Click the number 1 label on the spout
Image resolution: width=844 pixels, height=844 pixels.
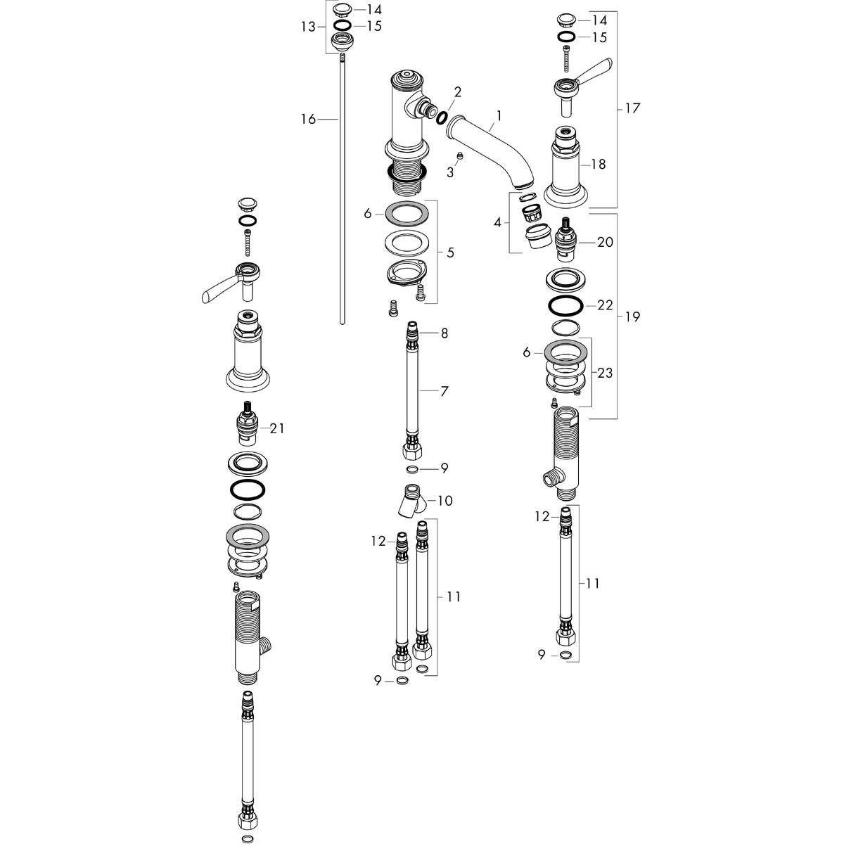(x=499, y=113)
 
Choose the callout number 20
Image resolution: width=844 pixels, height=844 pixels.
(x=605, y=242)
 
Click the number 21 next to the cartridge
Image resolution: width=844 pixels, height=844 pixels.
(x=277, y=428)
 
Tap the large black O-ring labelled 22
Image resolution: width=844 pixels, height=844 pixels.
(x=564, y=307)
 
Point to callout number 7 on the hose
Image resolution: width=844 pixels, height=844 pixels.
(x=444, y=391)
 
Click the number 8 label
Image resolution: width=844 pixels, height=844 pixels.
(x=444, y=332)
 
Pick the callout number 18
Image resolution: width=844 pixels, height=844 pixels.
(x=599, y=165)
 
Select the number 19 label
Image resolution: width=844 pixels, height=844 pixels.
(x=632, y=316)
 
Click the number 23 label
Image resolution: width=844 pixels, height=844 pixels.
(x=605, y=373)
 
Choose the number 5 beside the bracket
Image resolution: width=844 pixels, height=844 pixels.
(x=449, y=252)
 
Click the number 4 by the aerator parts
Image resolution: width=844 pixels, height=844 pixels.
(x=498, y=222)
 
